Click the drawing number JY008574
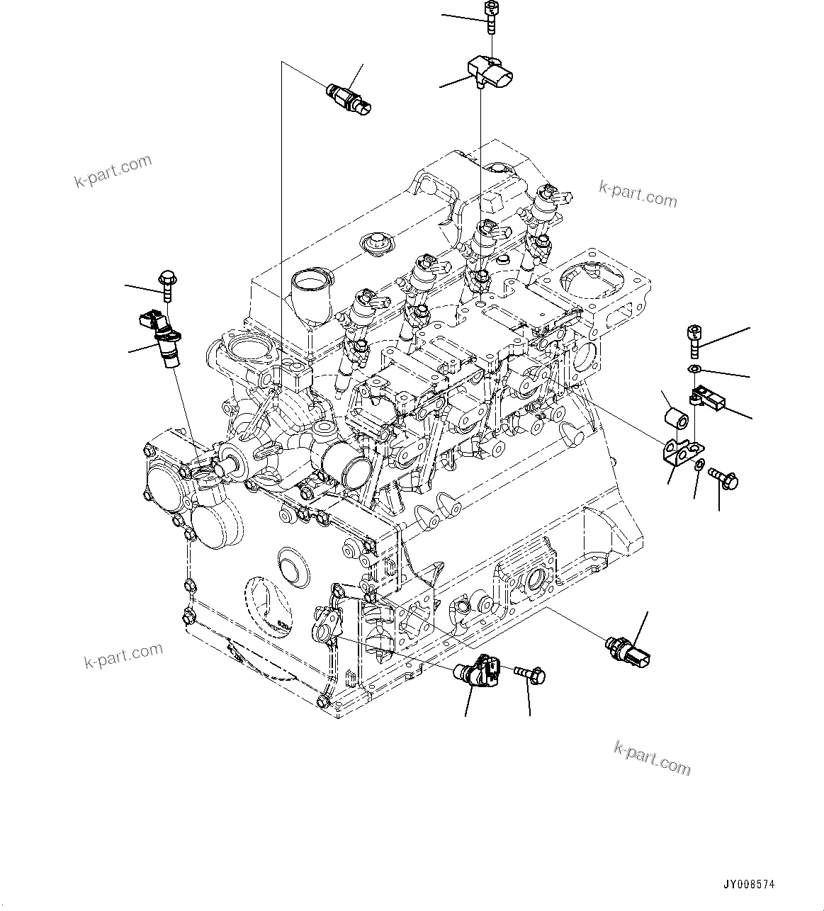coord(749,885)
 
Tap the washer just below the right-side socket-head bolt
coord(694,370)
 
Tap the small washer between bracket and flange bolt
coord(699,465)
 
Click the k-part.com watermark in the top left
coord(113,171)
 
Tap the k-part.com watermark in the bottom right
coord(651,757)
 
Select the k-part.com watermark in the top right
coord(638,193)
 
